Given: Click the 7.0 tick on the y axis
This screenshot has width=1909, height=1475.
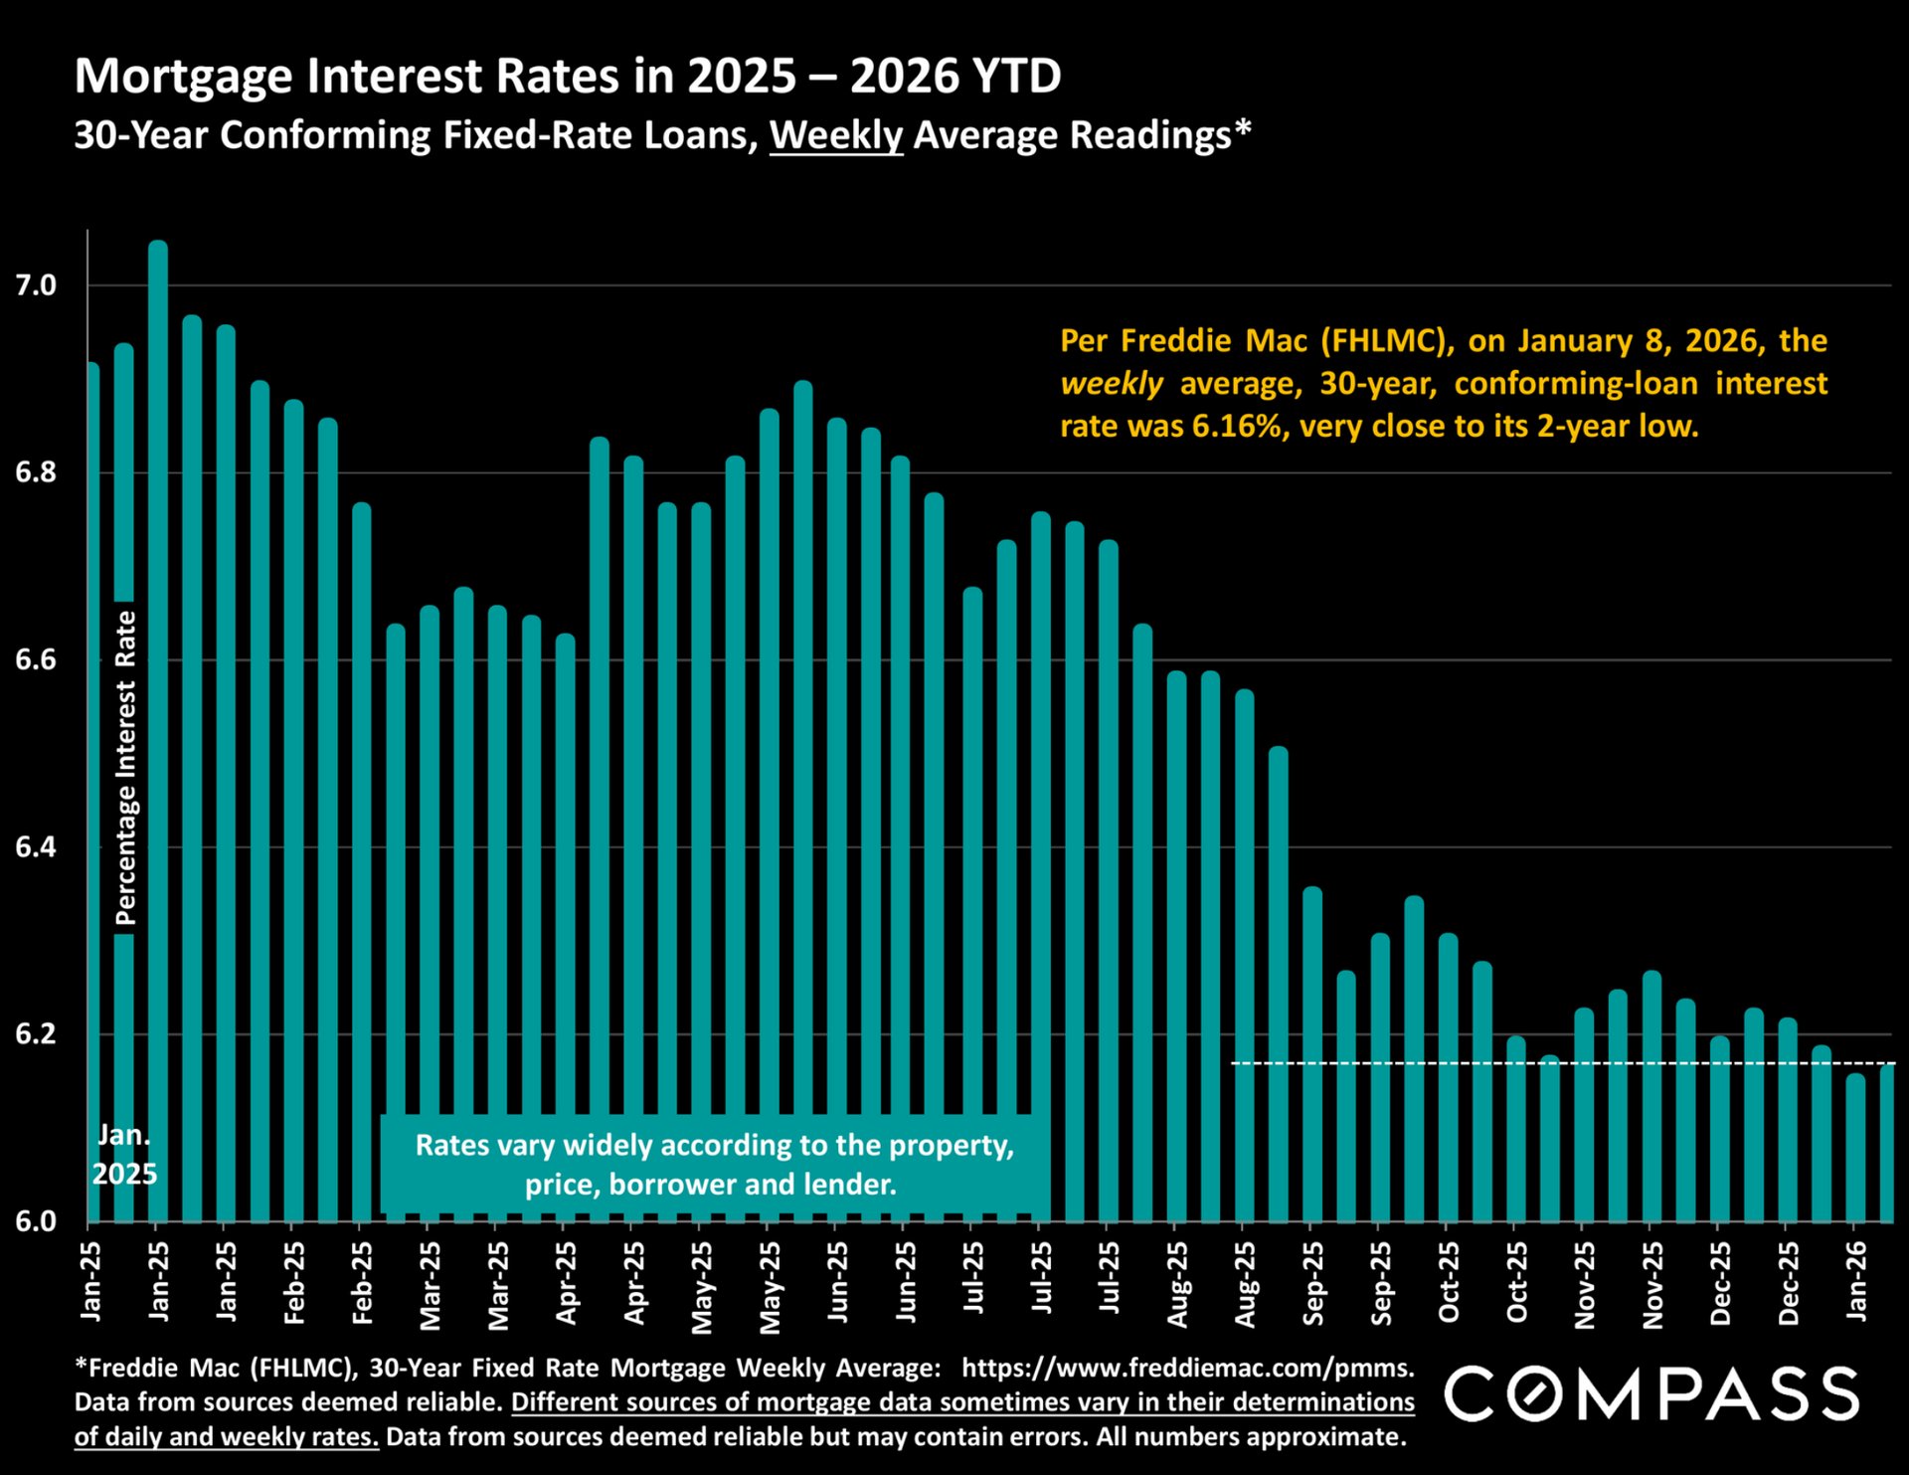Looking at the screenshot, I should [36, 286].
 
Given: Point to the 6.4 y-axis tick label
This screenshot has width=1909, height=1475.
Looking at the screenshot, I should [36, 847].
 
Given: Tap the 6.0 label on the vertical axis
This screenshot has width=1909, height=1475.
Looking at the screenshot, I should [36, 1221].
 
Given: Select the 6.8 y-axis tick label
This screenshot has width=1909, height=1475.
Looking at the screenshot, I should [36, 472].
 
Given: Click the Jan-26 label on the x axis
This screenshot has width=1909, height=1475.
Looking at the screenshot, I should [1856, 1282].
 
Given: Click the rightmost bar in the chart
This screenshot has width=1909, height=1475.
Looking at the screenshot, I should [1886, 1144].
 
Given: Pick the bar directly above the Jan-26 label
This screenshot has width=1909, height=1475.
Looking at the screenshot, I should [1855, 1149].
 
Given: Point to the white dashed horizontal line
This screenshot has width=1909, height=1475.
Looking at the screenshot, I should [1392, 1063].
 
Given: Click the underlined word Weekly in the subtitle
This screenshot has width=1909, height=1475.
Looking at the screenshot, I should [835, 135].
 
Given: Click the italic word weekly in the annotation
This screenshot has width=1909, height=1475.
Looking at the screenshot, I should [1111, 384].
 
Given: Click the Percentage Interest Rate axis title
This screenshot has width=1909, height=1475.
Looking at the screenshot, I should [125, 768].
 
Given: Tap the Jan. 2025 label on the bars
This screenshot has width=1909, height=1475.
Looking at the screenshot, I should [124, 1155].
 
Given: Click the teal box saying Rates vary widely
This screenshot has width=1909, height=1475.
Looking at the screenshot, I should [713, 1165].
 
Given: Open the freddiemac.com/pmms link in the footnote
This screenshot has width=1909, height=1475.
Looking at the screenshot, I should [1187, 1369].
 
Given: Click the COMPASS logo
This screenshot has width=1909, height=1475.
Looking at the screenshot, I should [1650, 1393].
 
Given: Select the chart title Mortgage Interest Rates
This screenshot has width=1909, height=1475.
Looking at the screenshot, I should [568, 77].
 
